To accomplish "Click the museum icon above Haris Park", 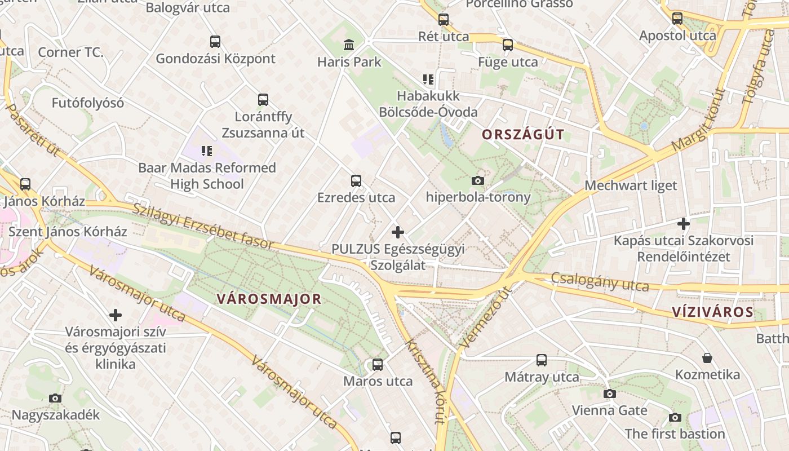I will point(349,45).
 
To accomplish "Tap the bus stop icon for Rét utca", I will point(444,20).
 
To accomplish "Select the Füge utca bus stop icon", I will point(508,45).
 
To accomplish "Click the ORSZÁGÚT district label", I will point(523,134).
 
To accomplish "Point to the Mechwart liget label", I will point(631,185).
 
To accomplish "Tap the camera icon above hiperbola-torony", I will point(478,180).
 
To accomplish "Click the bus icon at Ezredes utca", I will point(356,181).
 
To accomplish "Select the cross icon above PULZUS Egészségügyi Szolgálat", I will point(398,232).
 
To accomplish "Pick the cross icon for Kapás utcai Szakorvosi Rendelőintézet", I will point(684,224).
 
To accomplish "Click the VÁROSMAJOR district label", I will point(269,299).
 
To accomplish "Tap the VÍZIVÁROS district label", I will point(712,312).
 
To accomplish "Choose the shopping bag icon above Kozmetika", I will point(707,358).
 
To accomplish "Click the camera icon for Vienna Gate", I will point(609,393).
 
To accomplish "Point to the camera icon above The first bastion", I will point(675,417).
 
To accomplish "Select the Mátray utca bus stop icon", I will point(542,360).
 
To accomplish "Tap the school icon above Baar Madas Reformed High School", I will point(207,151).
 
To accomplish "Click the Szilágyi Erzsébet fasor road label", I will point(203,226).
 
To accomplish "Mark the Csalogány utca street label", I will point(600,281).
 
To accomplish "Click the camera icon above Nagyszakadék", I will point(55,398).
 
